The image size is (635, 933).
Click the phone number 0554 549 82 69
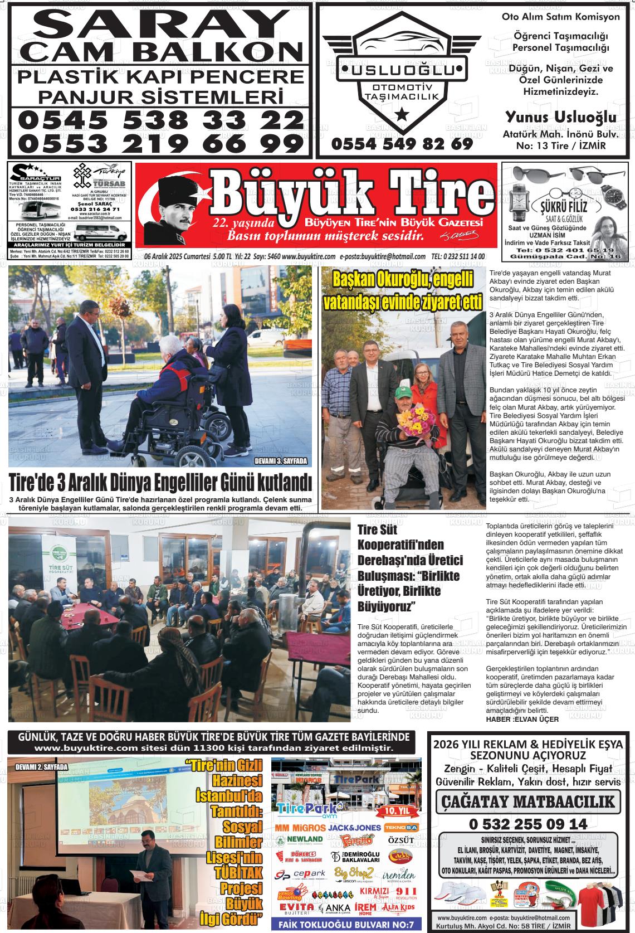[402, 144]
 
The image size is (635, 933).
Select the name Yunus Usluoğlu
[560, 117]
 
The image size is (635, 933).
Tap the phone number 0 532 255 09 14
[527, 824]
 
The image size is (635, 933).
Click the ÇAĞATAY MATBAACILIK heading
[528, 801]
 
